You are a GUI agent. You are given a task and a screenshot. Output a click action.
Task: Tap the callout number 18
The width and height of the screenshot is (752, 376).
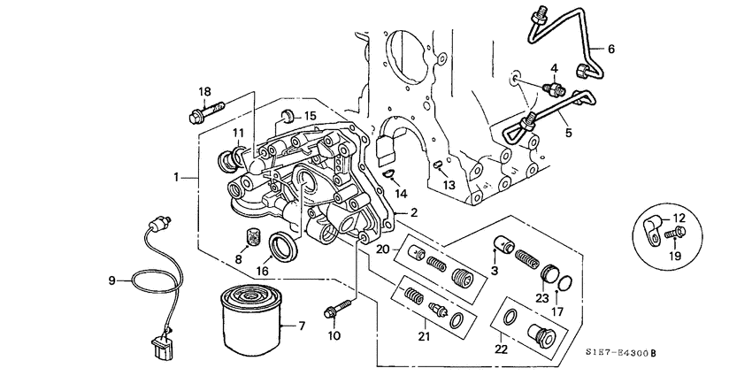click(x=204, y=92)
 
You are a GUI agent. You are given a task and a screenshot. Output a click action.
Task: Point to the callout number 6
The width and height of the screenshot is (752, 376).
click(x=610, y=49)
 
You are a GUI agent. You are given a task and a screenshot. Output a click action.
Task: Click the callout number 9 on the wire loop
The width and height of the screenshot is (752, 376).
click(x=112, y=280)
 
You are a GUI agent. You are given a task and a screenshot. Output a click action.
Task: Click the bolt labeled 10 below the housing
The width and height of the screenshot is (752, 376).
click(x=337, y=310)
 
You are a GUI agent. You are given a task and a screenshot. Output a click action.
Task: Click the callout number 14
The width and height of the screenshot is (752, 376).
click(x=401, y=193)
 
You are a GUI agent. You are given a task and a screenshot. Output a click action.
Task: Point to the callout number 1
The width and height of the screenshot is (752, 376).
click(x=176, y=177)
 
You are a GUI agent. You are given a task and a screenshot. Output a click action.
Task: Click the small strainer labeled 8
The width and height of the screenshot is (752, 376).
click(x=251, y=236)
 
